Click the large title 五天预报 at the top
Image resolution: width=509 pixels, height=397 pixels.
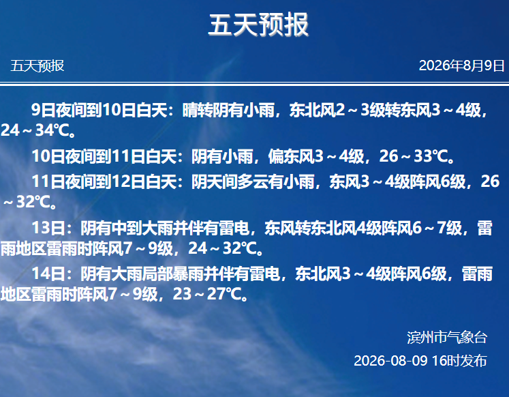[x=258, y=25]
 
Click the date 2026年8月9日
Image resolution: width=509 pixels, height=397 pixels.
[x=461, y=65]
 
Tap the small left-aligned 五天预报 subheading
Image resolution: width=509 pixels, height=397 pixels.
[x=37, y=66]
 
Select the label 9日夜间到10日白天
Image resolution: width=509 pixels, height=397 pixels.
[x=99, y=110]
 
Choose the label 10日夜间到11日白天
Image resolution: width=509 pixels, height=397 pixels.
[x=104, y=156]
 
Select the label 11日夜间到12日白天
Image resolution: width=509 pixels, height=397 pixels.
[x=104, y=181]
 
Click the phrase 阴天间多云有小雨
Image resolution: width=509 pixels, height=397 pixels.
[x=253, y=181]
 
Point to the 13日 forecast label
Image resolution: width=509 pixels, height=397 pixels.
[x=48, y=228]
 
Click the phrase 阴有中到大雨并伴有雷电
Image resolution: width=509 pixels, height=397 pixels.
[x=165, y=228]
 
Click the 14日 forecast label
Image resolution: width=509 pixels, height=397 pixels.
[x=48, y=274]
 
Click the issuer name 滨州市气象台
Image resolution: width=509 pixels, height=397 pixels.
[x=447, y=338]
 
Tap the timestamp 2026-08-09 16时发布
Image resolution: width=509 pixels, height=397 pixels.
[x=420, y=361]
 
